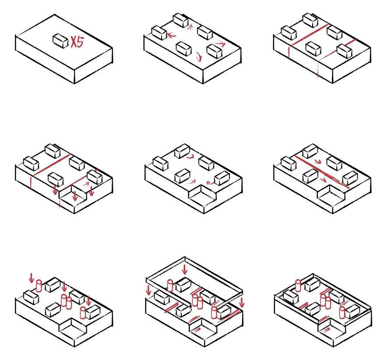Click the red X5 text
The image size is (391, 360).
pyautogui.click(x=77, y=42)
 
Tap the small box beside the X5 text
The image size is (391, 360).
pyautogui.click(x=60, y=41)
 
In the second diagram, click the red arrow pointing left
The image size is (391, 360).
pyautogui.click(x=171, y=35)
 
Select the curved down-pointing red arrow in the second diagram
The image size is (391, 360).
pyautogui.click(x=198, y=56)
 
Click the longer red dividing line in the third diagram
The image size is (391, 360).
pyautogui.click(x=309, y=35)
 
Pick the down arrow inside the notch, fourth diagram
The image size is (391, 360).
pyautogui.click(x=74, y=196)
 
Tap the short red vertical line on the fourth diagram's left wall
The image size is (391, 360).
pyautogui.click(x=31, y=182)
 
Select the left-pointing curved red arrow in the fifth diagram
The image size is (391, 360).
pyautogui.click(x=210, y=183)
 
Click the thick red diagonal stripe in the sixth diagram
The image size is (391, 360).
pyautogui.click(x=322, y=171)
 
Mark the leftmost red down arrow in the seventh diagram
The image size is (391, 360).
pyautogui.click(x=32, y=278)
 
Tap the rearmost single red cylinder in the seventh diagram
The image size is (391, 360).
pyautogui.click(x=39, y=286)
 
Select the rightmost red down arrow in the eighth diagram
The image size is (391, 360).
pyautogui.click(x=241, y=302)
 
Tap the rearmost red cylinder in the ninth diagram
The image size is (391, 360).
pyautogui.click(x=298, y=286)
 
